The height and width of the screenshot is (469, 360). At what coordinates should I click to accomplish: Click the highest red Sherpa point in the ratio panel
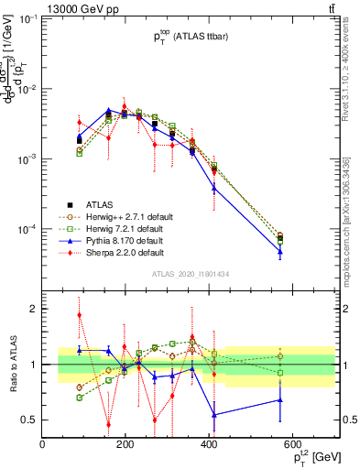(x=80, y=315)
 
